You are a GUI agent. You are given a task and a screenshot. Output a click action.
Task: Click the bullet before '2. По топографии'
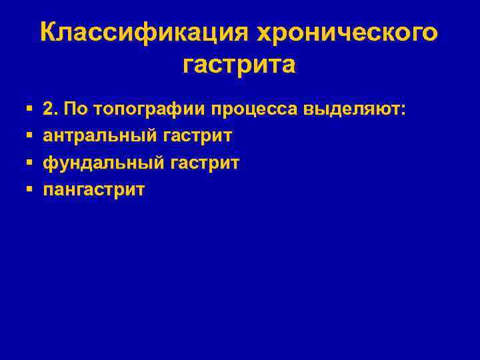29,108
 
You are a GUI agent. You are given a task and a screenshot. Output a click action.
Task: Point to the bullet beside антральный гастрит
29,135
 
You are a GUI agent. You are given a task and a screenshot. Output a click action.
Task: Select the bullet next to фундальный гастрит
29,163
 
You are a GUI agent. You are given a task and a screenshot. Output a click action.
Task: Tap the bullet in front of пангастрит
29,190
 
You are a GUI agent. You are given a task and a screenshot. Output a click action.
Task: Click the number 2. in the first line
51,108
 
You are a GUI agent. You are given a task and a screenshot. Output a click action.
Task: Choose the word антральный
99,135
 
